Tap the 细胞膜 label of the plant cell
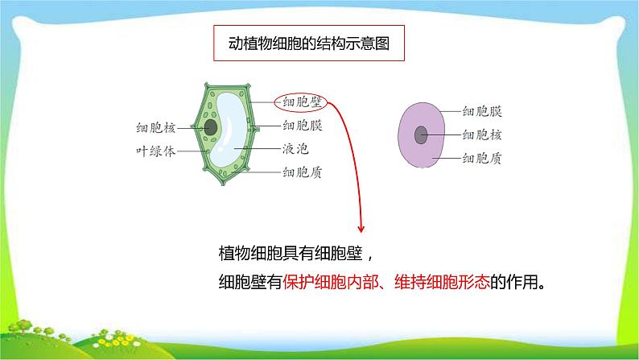(303, 126)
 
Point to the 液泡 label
(295, 149)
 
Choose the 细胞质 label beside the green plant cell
(303, 172)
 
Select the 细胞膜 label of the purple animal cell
(483, 114)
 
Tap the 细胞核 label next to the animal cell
(483, 135)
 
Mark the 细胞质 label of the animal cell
(483, 159)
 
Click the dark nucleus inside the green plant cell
(211, 127)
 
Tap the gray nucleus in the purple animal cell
(421, 135)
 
